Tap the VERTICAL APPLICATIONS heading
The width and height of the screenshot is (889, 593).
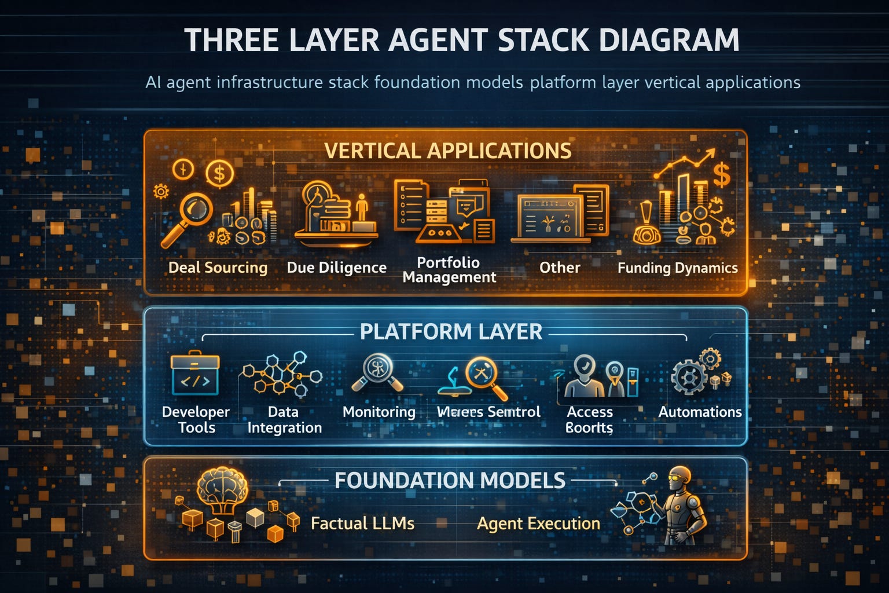447,151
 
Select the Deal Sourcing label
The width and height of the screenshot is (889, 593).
218,268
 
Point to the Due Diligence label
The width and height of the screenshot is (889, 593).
336,268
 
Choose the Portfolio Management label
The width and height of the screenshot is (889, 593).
449,270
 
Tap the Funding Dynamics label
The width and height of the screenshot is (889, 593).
677,268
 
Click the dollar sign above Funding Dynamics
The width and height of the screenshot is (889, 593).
721,174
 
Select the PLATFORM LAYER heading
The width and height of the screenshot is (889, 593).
451,332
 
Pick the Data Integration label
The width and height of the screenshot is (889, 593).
284,420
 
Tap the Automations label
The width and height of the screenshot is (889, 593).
700,412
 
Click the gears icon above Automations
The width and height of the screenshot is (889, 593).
692,374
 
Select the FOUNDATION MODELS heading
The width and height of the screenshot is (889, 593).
450,481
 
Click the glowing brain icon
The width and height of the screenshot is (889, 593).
222,489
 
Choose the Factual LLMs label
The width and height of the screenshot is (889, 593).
362,524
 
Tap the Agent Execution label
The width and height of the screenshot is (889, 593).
538,524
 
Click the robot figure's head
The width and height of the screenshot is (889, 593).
679,478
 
